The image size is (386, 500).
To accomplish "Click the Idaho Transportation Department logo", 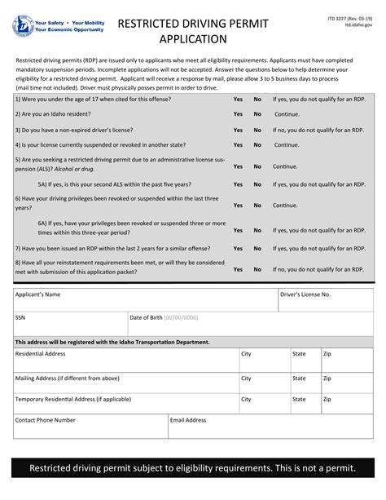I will [x=22, y=26].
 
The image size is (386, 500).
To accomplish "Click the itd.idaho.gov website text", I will [x=358, y=25].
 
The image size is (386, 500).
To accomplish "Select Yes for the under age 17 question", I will [x=238, y=99].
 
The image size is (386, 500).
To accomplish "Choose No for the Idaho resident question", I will [x=257, y=114].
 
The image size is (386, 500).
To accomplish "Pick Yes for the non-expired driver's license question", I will [x=238, y=130].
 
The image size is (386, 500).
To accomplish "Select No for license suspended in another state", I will [x=257, y=145].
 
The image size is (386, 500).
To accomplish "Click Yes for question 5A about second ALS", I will [x=238, y=184].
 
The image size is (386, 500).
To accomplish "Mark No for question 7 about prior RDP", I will [x=257, y=249].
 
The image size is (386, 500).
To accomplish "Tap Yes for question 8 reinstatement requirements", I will [x=238, y=268].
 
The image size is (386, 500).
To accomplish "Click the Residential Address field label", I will [x=40, y=354].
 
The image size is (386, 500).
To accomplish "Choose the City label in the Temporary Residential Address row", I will [x=246, y=400].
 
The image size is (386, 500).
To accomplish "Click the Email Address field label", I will [x=188, y=420].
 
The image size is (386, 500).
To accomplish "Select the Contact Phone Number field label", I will [x=45, y=420].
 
